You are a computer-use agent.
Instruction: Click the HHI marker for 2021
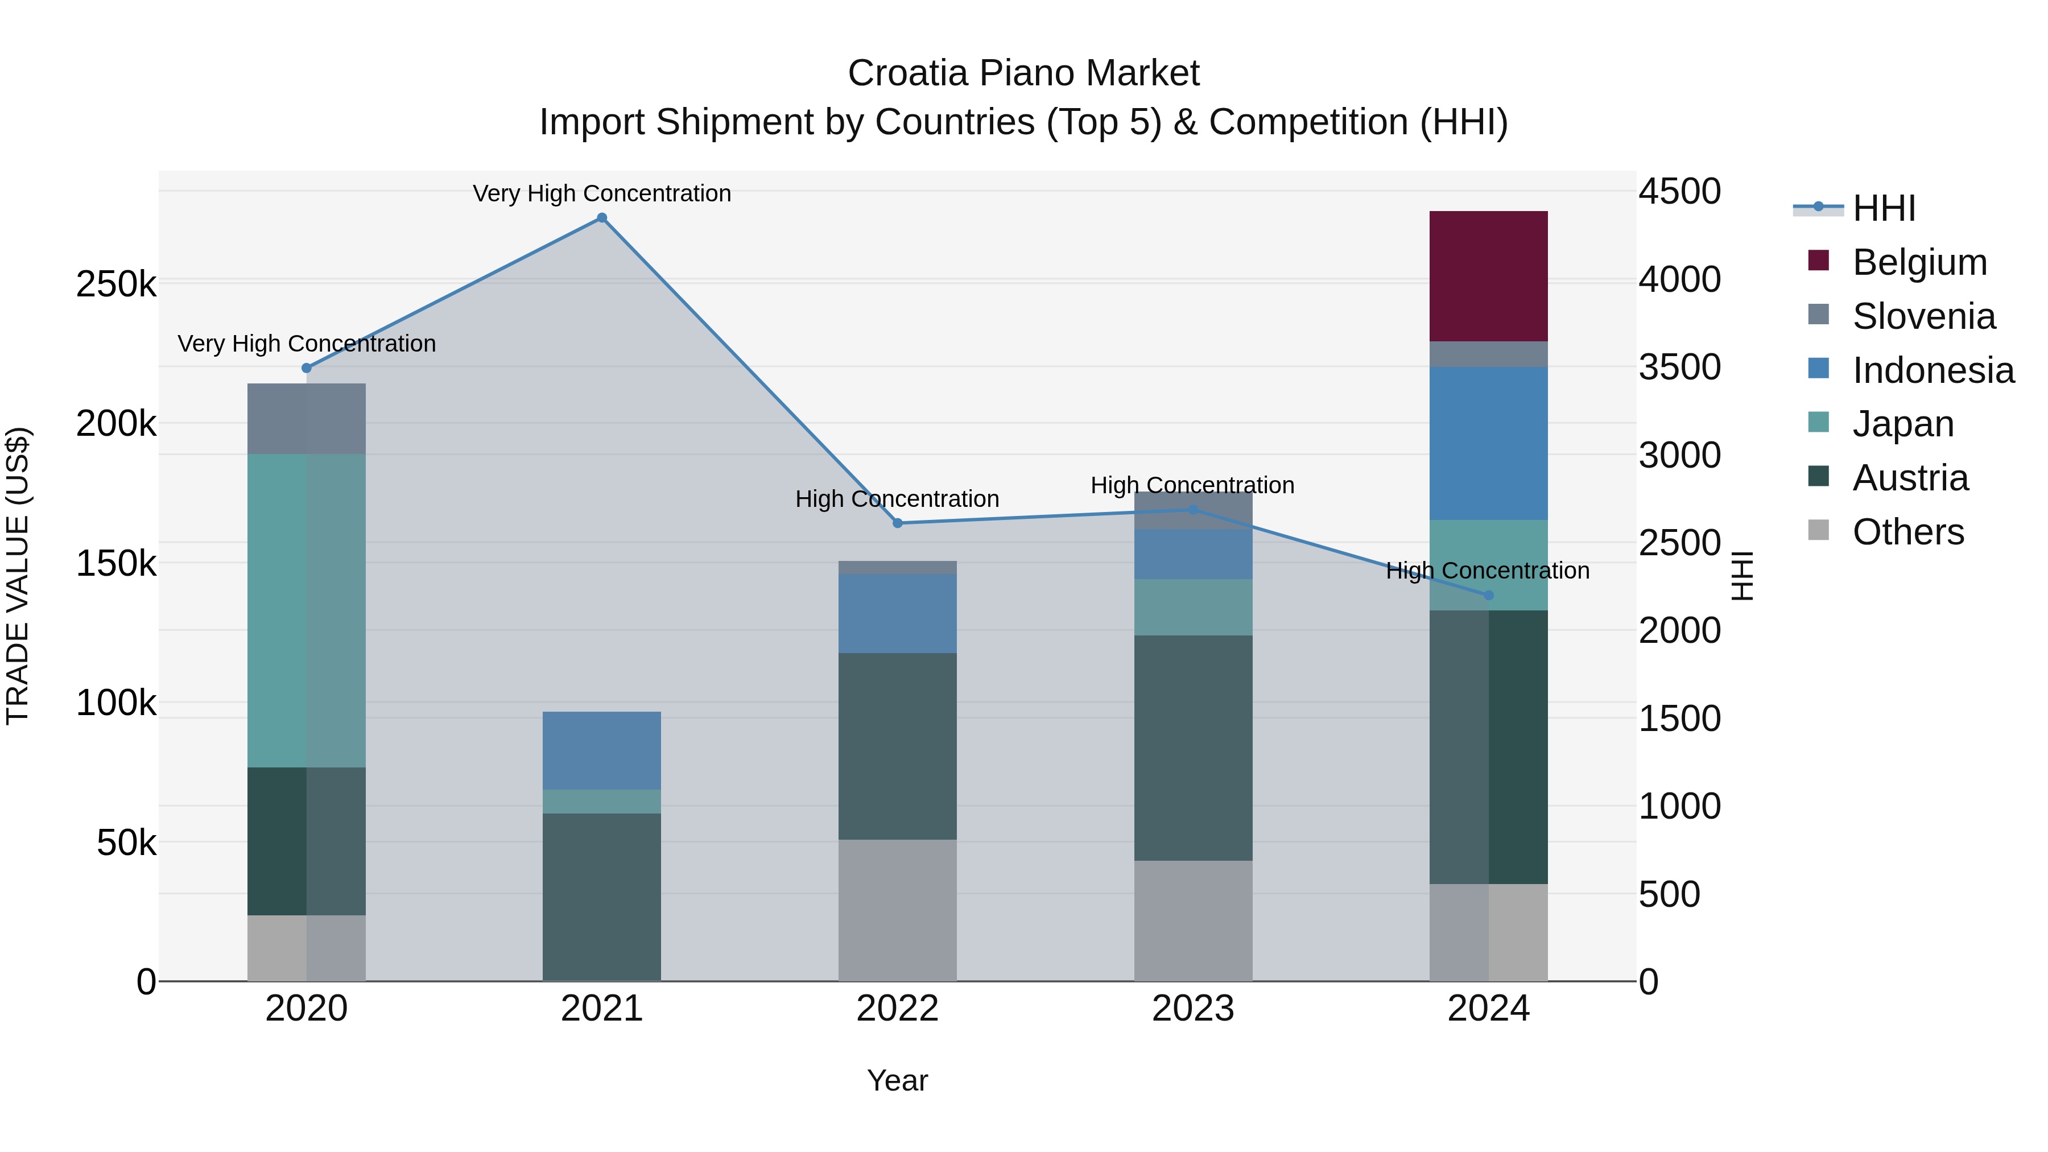pyautogui.click(x=602, y=218)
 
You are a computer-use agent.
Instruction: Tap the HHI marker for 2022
pyautogui.click(x=898, y=523)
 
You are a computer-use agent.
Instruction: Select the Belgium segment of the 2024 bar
pyautogui.click(x=1488, y=276)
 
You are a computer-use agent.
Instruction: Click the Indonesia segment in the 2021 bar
pyautogui.click(x=602, y=750)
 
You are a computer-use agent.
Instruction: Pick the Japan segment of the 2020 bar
pyautogui.click(x=306, y=610)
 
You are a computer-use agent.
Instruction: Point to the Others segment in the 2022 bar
pyautogui.click(x=898, y=910)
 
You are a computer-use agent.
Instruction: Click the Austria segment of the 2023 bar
pyautogui.click(x=1192, y=748)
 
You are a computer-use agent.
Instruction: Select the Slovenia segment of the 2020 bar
pyautogui.click(x=306, y=418)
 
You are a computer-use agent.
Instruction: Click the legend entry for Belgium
pyautogui.click(x=1919, y=262)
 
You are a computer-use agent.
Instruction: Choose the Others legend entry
pyautogui.click(x=1908, y=532)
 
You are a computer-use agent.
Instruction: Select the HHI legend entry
pyautogui.click(x=1884, y=208)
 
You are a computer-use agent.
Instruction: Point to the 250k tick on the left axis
pyautogui.click(x=116, y=284)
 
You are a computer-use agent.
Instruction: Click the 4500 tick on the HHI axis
pyautogui.click(x=1679, y=192)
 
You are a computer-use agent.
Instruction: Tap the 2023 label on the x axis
pyautogui.click(x=1192, y=1009)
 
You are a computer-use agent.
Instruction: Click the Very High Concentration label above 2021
pyautogui.click(x=602, y=193)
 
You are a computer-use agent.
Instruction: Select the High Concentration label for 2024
pyautogui.click(x=1488, y=570)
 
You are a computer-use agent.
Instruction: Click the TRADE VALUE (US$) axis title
pyautogui.click(x=18, y=576)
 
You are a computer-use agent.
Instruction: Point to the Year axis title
pyautogui.click(x=898, y=1080)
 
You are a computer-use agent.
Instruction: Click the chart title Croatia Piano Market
pyautogui.click(x=1023, y=73)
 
